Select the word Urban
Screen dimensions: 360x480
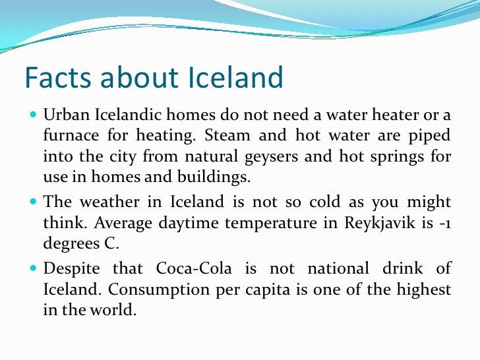click(63, 116)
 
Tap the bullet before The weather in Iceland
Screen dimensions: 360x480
click(34, 202)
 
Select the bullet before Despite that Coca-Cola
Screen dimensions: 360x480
click(34, 269)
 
